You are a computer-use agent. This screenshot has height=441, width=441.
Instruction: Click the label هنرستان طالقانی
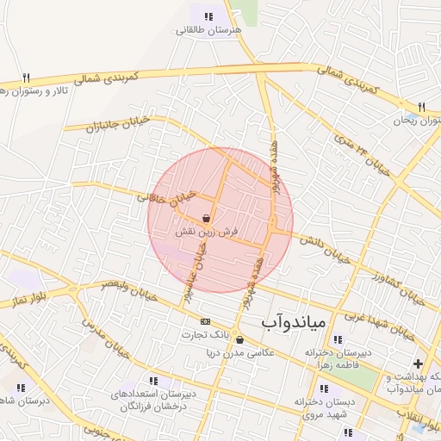209,30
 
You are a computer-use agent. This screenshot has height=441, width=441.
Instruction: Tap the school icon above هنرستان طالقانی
208,16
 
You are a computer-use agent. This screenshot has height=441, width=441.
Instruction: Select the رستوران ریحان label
417,121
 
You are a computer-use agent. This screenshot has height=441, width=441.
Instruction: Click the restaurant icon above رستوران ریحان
420,107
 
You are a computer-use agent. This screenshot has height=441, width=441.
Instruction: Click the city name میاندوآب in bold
292,322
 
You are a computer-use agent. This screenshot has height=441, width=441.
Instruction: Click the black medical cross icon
419,363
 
